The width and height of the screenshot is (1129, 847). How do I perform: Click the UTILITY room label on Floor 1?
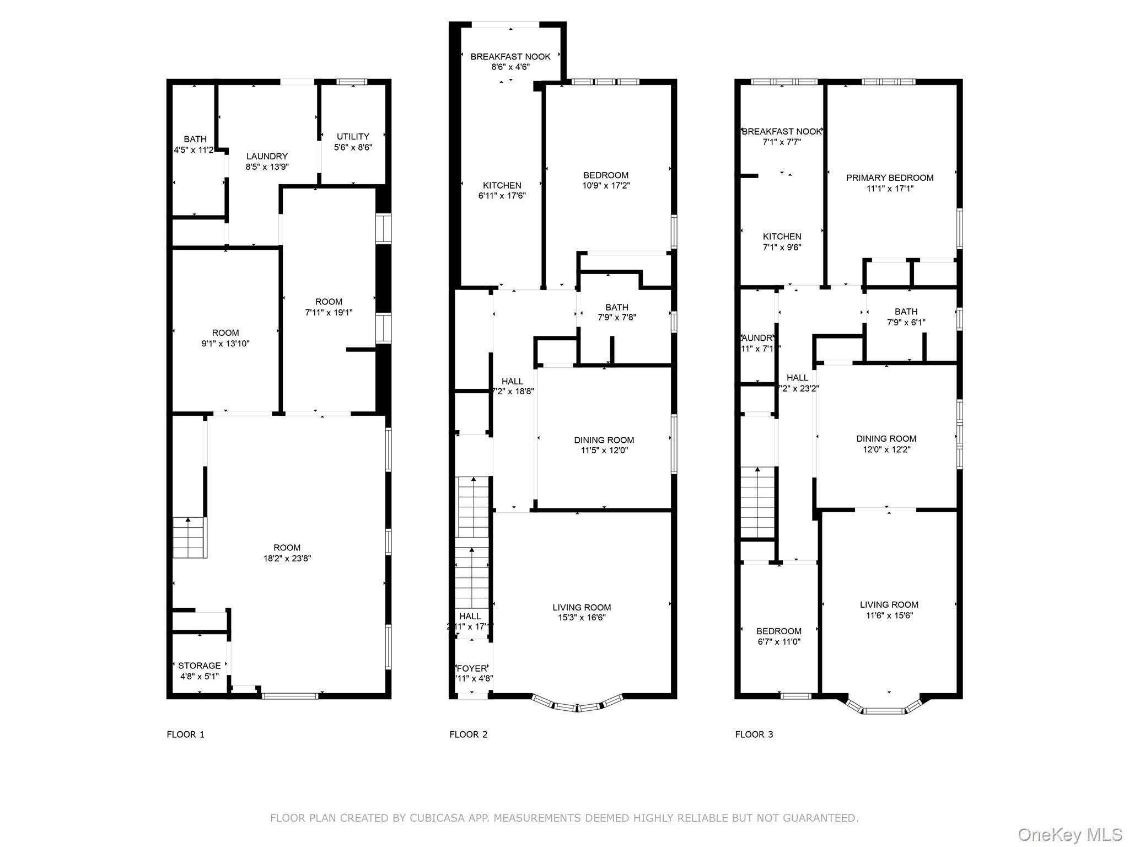tap(353, 137)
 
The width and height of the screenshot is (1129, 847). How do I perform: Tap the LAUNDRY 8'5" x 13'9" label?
tap(267, 161)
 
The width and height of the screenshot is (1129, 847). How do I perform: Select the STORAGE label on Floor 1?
tap(199, 666)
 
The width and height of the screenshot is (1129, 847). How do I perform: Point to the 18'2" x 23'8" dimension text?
tap(287, 558)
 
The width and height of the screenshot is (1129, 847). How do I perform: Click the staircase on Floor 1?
tap(190, 538)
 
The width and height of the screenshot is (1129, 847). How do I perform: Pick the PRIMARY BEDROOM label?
tap(889, 178)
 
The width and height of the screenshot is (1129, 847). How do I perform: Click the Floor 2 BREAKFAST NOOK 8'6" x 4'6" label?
tap(510, 61)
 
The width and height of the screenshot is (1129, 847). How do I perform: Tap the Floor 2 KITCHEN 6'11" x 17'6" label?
tap(502, 190)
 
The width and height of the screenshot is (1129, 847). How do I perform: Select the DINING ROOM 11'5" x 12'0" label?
tap(604, 445)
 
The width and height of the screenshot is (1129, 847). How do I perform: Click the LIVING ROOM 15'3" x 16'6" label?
tap(582, 612)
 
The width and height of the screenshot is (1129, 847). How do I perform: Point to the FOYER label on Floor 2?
tap(472, 668)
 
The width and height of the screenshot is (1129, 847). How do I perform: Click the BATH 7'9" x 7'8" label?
tap(617, 312)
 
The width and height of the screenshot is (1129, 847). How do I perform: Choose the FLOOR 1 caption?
tap(186, 735)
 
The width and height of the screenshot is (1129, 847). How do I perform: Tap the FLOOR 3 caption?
tap(754, 735)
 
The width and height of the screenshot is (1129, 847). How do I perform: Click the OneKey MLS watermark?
tap(1069, 834)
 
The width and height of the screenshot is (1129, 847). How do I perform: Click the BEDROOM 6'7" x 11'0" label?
tap(778, 636)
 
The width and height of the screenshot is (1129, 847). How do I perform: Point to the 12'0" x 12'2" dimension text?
tap(886, 449)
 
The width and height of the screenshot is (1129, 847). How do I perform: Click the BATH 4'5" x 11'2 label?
tap(194, 144)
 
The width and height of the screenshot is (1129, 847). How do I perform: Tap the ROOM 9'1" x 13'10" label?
tap(225, 338)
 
